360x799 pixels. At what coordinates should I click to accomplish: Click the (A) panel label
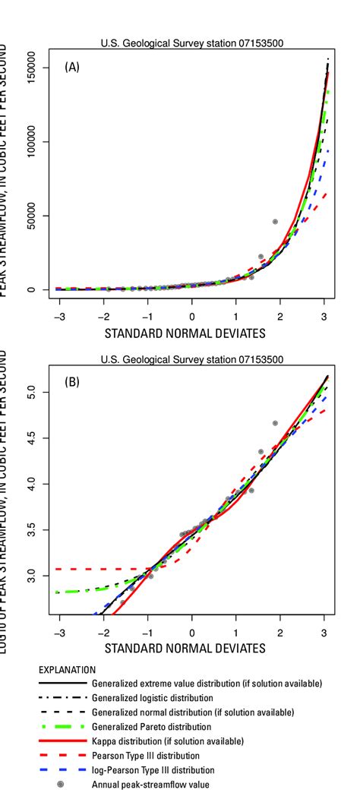(x=72, y=68)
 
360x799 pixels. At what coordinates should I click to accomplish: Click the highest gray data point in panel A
(x=275, y=222)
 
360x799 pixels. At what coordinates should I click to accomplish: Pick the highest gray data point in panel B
(x=275, y=423)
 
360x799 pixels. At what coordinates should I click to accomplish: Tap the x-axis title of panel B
(x=185, y=648)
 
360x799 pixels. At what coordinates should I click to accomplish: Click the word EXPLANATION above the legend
(x=68, y=670)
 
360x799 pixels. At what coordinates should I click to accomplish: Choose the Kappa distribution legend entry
(x=167, y=741)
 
